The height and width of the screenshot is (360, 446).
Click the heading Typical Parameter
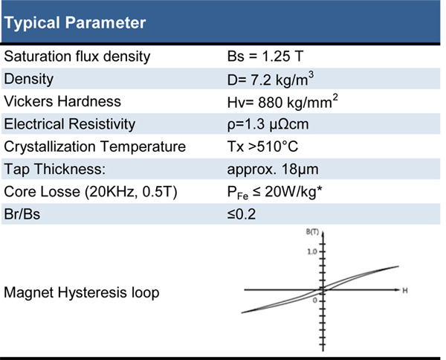(75, 23)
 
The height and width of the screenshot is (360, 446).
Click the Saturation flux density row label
(77, 57)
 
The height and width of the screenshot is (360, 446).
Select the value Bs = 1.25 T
(265, 57)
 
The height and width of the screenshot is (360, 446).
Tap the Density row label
(29, 79)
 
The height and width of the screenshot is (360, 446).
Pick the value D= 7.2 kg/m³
(271, 79)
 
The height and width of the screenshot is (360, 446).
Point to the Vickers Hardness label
(62, 102)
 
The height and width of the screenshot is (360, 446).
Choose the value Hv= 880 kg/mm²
(282, 102)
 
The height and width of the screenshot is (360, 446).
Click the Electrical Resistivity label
(70, 124)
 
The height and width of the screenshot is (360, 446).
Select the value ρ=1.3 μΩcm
(268, 125)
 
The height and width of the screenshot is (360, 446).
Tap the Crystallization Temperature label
(94, 147)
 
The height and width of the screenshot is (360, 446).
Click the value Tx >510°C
(262, 147)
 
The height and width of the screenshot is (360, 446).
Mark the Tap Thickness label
(54, 170)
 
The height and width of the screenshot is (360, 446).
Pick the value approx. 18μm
(273, 170)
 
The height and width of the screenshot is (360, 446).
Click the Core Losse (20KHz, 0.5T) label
(91, 192)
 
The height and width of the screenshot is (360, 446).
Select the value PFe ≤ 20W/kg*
(274, 193)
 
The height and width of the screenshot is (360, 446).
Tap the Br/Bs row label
(22, 214)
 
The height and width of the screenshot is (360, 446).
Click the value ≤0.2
(242, 214)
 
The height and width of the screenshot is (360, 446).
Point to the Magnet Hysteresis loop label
(81, 293)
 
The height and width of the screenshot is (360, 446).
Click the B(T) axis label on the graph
(312, 232)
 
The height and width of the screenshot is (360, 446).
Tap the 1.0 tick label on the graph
(311, 251)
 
